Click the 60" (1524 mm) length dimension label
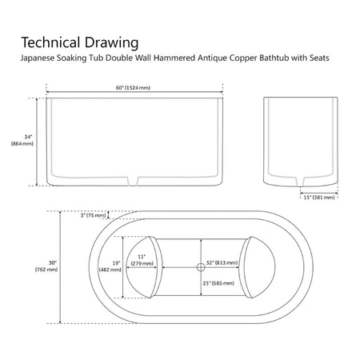[133, 88]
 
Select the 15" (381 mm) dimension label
[319, 198]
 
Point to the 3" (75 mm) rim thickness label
[93, 215]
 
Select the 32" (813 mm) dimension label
[222, 262]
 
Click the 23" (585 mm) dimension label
[218, 283]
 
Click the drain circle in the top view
[201, 267]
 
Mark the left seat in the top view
[144, 267]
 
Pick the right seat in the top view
[257, 267]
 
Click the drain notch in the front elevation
[133, 181]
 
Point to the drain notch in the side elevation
[300, 182]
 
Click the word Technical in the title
[50, 42]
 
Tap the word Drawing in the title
[112, 43]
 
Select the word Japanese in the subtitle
[38, 58]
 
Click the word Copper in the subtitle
[243, 58]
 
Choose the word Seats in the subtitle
[319, 58]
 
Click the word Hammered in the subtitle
[174, 58]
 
